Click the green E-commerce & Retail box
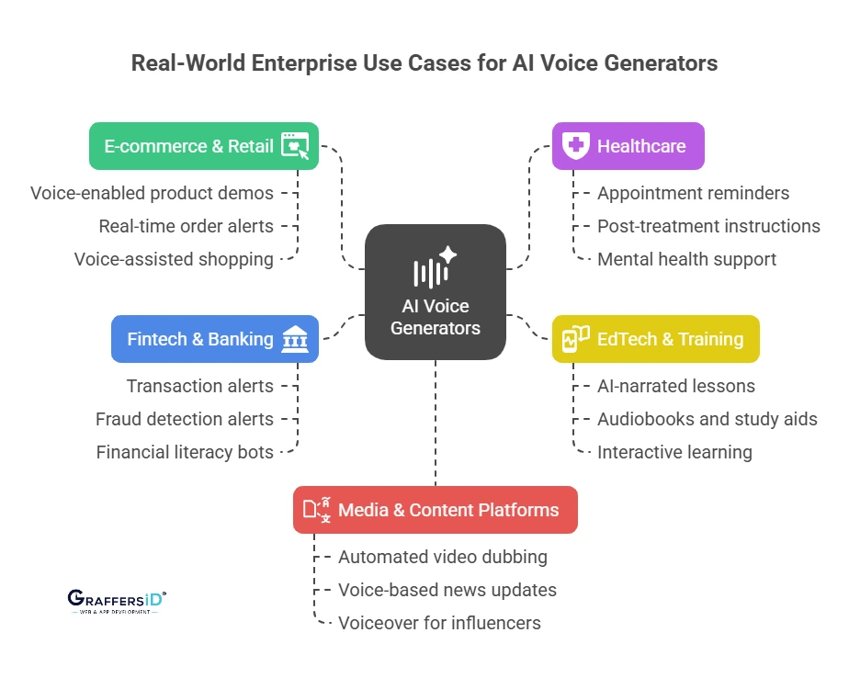tap(203, 146)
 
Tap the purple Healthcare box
tap(628, 146)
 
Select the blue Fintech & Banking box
tap(214, 339)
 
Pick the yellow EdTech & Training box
tap(655, 339)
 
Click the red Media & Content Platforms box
tap(435, 510)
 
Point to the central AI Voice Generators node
tap(435, 292)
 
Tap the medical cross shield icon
tap(575, 146)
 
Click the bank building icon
tap(295, 339)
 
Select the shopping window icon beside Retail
tap(295, 145)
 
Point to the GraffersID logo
tap(117, 601)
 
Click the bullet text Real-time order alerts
tap(187, 226)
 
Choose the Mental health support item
tap(686, 259)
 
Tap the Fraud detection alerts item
tap(185, 419)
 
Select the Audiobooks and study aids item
tap(707, 419)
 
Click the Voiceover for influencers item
tap(439, 623)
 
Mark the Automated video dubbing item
tap(442, 557)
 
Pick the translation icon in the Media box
tap(317, 510)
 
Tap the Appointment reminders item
tap(693, 193)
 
